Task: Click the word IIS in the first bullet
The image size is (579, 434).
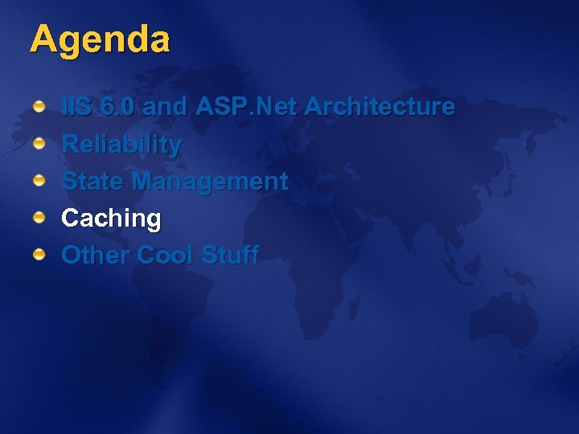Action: [77, 107]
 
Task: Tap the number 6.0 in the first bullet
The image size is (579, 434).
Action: [121, 107]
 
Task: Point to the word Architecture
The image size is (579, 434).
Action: [380, 107]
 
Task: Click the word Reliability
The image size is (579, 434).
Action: [121, 145]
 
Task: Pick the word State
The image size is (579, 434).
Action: [93, 182]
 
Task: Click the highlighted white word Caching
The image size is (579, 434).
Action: [111, 219]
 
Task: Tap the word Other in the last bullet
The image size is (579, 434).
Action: [96, 256]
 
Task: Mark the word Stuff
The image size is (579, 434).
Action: [230, 256]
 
